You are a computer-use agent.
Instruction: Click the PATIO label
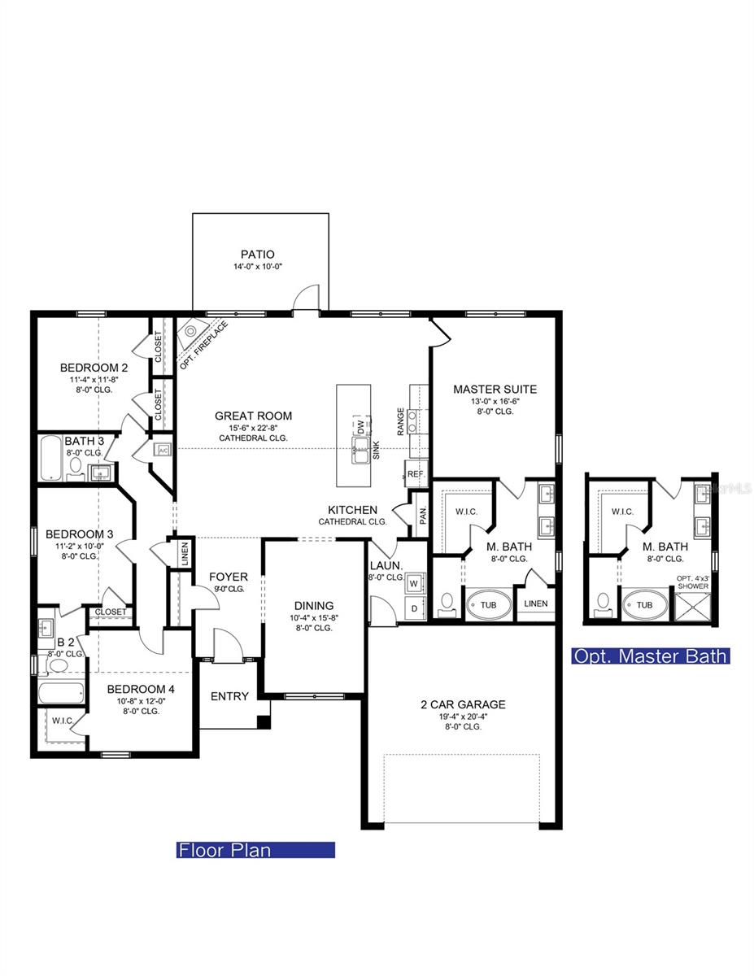tap(257, 254)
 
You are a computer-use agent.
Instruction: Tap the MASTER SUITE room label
tap(495, 389)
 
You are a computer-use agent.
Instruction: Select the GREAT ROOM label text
tap(253, 416)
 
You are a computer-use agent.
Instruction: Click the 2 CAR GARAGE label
tap(463, 704)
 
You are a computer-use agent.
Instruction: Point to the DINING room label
tap(314, 605)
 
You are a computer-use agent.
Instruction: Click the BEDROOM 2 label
tap(94, 368)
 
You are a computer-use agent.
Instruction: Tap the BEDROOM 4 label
tap(141, 688)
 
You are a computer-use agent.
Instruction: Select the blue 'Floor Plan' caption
tap(255, 850)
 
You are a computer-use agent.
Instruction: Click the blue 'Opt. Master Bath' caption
tap(651, 656)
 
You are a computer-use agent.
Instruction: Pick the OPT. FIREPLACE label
tap(204, 345)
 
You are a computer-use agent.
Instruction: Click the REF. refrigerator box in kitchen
tap(416, 473)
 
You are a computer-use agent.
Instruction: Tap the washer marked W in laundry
tap(413, 582)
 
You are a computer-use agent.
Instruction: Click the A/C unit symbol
tap(162, 450)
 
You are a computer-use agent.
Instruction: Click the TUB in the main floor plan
tap(489, 604)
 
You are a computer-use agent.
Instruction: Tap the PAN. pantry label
tap(422, 516)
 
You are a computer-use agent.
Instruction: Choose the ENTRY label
tap(229, 696)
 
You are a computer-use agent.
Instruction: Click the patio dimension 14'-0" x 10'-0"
tap(257, 267)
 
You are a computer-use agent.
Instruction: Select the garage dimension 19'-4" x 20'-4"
tap(463, 717)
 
